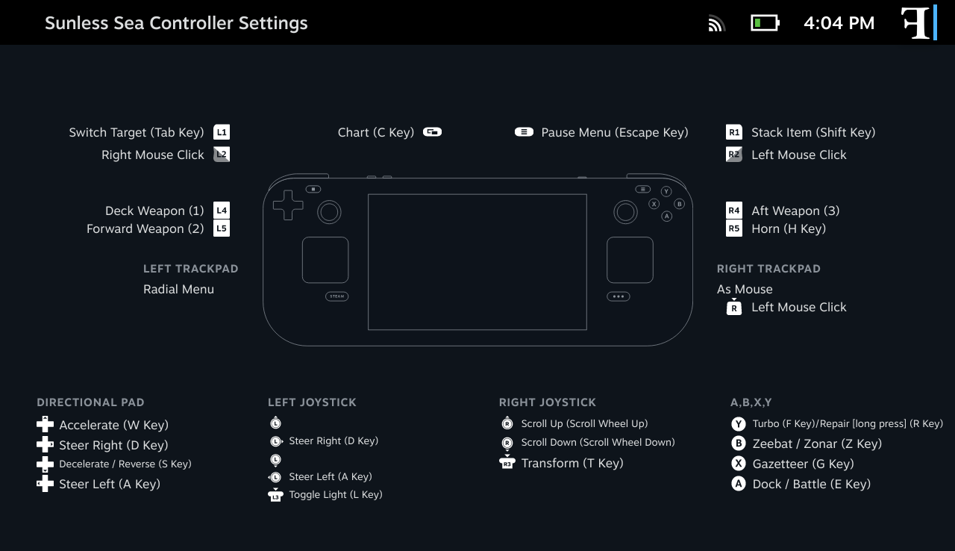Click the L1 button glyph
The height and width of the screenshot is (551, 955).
pyautogui.click(x=222, y=132)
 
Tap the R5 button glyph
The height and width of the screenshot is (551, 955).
pyautogui.click(x=733, y=228)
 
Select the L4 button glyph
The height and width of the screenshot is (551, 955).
pyautogui.click(x=222, y=211)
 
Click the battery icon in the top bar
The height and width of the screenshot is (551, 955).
pyautogui.click(x=765, y=23)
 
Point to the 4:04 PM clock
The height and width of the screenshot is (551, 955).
pyautogui.click(x=839, y=23)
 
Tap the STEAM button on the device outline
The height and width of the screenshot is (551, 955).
pyautogui.click(x=336, y=296)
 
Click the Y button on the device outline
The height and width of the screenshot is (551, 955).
pyautogui.click(x=666, y=191)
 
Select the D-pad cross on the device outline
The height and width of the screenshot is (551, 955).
pyautogui.click(x=288, y=205)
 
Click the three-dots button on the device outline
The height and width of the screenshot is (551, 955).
pyautogui.click(x=619, y=296)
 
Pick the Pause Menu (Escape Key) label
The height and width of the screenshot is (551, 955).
pyautogui.click(x=615, y=133)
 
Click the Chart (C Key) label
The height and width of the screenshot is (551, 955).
pyautogui.click(x=375, y=133)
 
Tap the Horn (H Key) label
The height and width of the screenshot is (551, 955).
pyautogui.click(x=789, y=229)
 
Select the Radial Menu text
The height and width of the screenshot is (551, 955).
pyautogui.click(x=178, y=289)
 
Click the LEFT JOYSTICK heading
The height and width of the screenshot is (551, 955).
pyautogui.click(x=312, y=402)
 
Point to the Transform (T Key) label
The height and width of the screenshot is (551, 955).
pyautogui.click(x=572, y=463)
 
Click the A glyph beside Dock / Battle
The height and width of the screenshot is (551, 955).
pyautogui.click(x=739, y=484)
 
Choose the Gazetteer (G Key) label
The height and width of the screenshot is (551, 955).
pyautogui.click(x=804, y=464)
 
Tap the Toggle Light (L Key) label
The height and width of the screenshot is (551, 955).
pyautogui.click(x=336, y=495)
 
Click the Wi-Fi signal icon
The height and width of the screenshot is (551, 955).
pyautogui.click(x=717, y=23)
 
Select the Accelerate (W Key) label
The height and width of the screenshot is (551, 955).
pyautogui.click(x=114, y=425)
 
